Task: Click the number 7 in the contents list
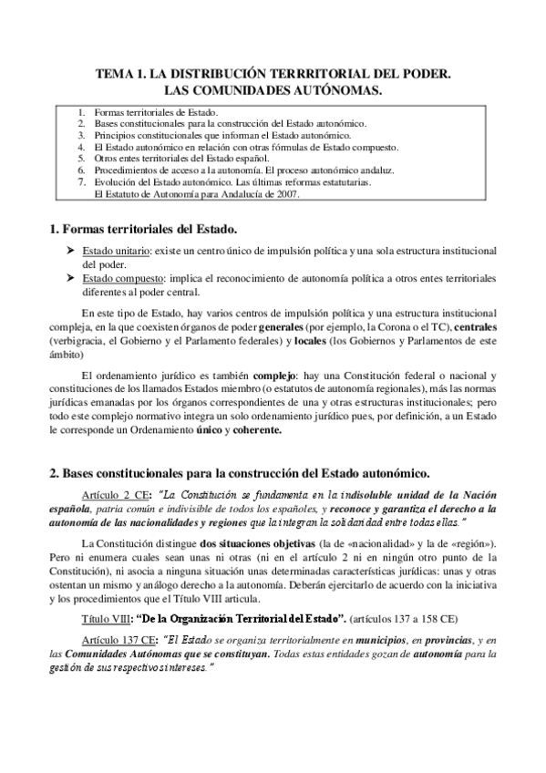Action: (x=81, y=182)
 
